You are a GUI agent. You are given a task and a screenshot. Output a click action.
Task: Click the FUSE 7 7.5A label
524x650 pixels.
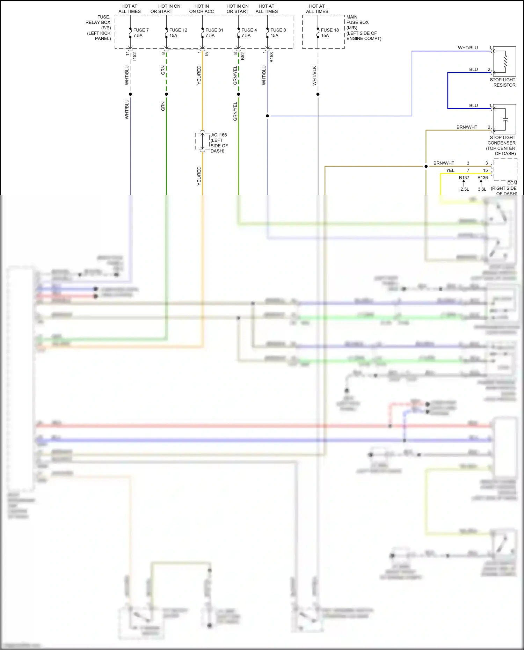pyautogui.click(x=140, y=33)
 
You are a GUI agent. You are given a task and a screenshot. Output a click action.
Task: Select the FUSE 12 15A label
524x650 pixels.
pyautogui.click(x=178, y=33)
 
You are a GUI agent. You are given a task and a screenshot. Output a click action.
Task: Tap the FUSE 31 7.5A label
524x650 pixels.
pyautogui.click(x=214, y=33)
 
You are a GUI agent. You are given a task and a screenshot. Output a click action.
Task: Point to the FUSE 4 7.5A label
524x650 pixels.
pyautogui.click(x=249, y=33)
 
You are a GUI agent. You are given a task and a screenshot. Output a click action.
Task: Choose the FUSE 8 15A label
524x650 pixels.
pyautogui.click(x=278, y=33)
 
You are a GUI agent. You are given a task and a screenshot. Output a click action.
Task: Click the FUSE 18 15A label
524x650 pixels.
pyautogui.click(x=329, y=33)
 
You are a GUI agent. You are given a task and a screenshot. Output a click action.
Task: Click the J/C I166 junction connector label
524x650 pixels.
pyautogui.click(x=219, y=143)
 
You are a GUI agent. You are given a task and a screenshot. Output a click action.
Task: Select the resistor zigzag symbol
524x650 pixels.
pyautogui.click(x=505, y=61)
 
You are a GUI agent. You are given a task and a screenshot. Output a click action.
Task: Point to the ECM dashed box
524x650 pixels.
pyautogui.click(x=505, y=169)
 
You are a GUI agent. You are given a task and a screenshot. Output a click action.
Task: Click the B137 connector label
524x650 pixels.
pyautogui.click(x=464, y=178)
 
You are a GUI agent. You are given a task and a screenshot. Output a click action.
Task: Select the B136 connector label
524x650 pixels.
pyautogui.click(x=482, y=178)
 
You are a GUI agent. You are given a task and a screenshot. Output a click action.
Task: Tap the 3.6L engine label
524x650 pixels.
pyautogui.click(x=482, y=189)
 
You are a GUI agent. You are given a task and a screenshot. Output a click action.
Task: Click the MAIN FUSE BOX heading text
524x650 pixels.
pyautogui.click(x=357, y=20)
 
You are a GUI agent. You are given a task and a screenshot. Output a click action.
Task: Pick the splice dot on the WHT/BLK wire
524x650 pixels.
pyautogui.click(x=318, y=94)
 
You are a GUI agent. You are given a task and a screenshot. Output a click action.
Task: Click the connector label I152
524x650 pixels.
pyautogui.click(x=134, y=56)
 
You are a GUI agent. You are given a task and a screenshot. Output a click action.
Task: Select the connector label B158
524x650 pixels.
pyautogui.click(x=271, y=57)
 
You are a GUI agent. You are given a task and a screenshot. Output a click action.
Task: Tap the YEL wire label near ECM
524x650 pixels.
pyautogui.click(x=450, y=170)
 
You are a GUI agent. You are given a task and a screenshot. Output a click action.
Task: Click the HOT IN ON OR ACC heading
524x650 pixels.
pyautogui.click(x=202, y=9)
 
